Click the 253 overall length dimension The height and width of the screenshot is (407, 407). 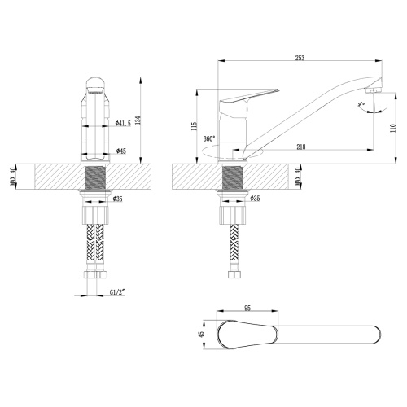pos(300,57)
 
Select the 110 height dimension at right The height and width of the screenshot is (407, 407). pos(392,129)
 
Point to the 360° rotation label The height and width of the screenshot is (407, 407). pos(209,138)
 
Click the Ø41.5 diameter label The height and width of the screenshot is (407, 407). pos(123,123)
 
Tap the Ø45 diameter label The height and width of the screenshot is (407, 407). pos(120,151)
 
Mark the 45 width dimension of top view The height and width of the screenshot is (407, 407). pos(201,334)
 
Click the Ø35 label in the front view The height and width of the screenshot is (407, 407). pos(117,198)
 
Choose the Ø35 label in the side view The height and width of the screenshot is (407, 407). pos(254,198)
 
